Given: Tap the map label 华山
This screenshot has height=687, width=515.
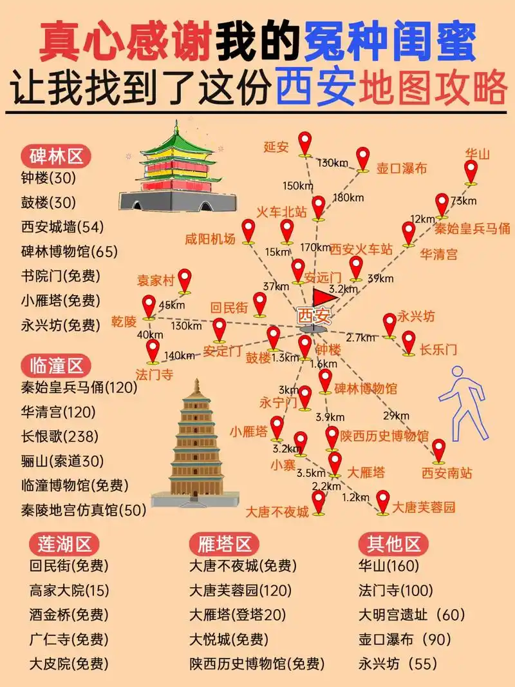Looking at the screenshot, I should click(x=478, y=154).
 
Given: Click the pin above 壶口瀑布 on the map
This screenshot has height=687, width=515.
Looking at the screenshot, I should click(x=363, y=159).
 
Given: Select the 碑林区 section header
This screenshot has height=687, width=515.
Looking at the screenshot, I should click(x=57, y=156).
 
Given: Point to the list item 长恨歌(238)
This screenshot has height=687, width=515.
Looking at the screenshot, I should click(x=60, y=436).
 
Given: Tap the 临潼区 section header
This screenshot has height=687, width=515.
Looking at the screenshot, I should click(x=57, y=366).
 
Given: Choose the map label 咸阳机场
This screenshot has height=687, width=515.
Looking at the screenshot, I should click(x=210, y=238).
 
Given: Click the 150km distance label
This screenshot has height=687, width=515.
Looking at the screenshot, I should click(x=298, y=186).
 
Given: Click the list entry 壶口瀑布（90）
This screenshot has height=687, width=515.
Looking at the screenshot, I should click(x=405, y=639).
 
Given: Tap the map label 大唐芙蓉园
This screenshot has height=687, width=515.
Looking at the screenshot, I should click(x=424, y=507).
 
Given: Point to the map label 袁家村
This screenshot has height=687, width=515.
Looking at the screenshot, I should click(x=156, y=281).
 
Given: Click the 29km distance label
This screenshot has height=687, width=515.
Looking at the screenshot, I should click(x=396, y=415).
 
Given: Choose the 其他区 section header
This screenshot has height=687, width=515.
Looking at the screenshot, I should click(x=393, y=544).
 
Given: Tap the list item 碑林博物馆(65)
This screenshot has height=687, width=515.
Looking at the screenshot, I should click(x=70, y=251).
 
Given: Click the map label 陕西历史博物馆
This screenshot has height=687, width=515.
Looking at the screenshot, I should click(x=384, y=436).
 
